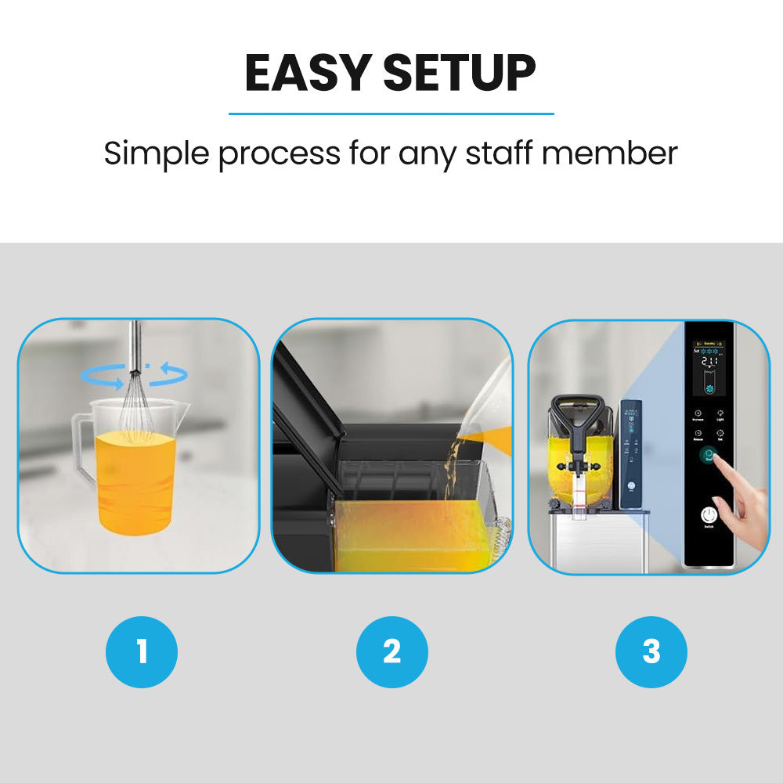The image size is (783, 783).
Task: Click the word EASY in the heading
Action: click(307, 74)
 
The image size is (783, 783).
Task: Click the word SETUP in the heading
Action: click(460, 74)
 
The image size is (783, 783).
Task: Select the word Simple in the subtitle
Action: click(155, 154)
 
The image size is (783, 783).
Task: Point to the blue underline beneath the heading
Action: click(391, 114)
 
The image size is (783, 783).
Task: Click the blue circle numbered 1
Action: click(142, 651)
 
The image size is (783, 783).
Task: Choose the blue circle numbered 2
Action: click(391, 651)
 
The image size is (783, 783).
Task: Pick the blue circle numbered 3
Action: click(651, 651)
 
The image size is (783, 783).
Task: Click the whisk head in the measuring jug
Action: click(136, 407)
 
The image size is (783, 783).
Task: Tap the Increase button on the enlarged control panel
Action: click(698, 414)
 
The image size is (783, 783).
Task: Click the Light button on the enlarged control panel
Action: click(720, 414)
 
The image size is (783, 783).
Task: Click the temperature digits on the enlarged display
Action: click(710, 363)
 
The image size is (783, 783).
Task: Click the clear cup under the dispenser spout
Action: click(579, 501)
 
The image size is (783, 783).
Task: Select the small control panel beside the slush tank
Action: click(630, 454)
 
